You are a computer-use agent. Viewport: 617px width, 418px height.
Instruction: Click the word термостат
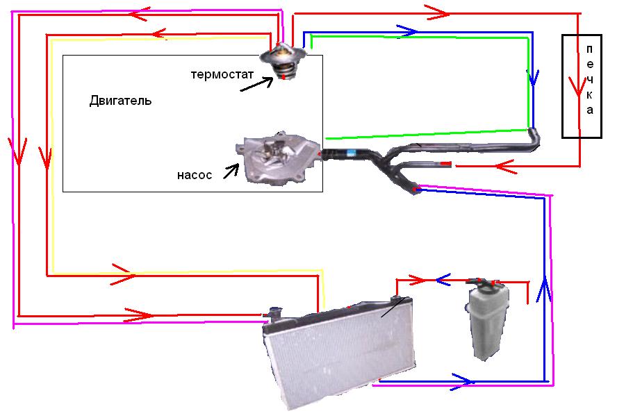pyautogui.click(x=222, y=74)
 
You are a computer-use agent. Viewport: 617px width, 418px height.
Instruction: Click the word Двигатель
pyautogui.click(x=120, y=101)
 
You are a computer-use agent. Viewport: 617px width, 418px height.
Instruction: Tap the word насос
pyautogui.click(x=195, y=175)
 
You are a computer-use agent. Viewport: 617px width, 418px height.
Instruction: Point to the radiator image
pyautogui.click(x=338, y=352)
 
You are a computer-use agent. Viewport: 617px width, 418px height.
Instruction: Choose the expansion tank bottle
pyautogui.click(x=487, y=319)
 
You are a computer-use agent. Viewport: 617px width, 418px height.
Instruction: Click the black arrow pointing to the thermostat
pyautogui.click(x=256, y=84)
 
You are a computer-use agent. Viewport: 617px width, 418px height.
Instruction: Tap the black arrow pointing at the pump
pyautogui.click(x=231, y=171)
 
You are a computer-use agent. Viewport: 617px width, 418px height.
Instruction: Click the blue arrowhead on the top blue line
pyautogui.click(x=408, y=31)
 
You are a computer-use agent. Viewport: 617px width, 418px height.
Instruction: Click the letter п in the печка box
pyautogui.click(x=589, y=49)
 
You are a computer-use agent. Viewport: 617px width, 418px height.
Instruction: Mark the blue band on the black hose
pyautogui.click(x=352, y=152)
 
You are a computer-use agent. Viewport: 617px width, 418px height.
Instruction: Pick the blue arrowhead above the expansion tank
pyautogui.click(x=443, y=280)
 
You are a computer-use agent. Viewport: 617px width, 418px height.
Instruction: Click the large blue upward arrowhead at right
pyautogui.click(x=544, y=290)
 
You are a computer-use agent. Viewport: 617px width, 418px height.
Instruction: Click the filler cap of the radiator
pyautogui.click(x=272, y=312)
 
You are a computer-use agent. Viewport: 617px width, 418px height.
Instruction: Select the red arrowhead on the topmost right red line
pyautogui.click(x=438, y=13)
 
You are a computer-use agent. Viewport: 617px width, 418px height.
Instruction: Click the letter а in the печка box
pyautogui.click(x=589, y=110)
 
